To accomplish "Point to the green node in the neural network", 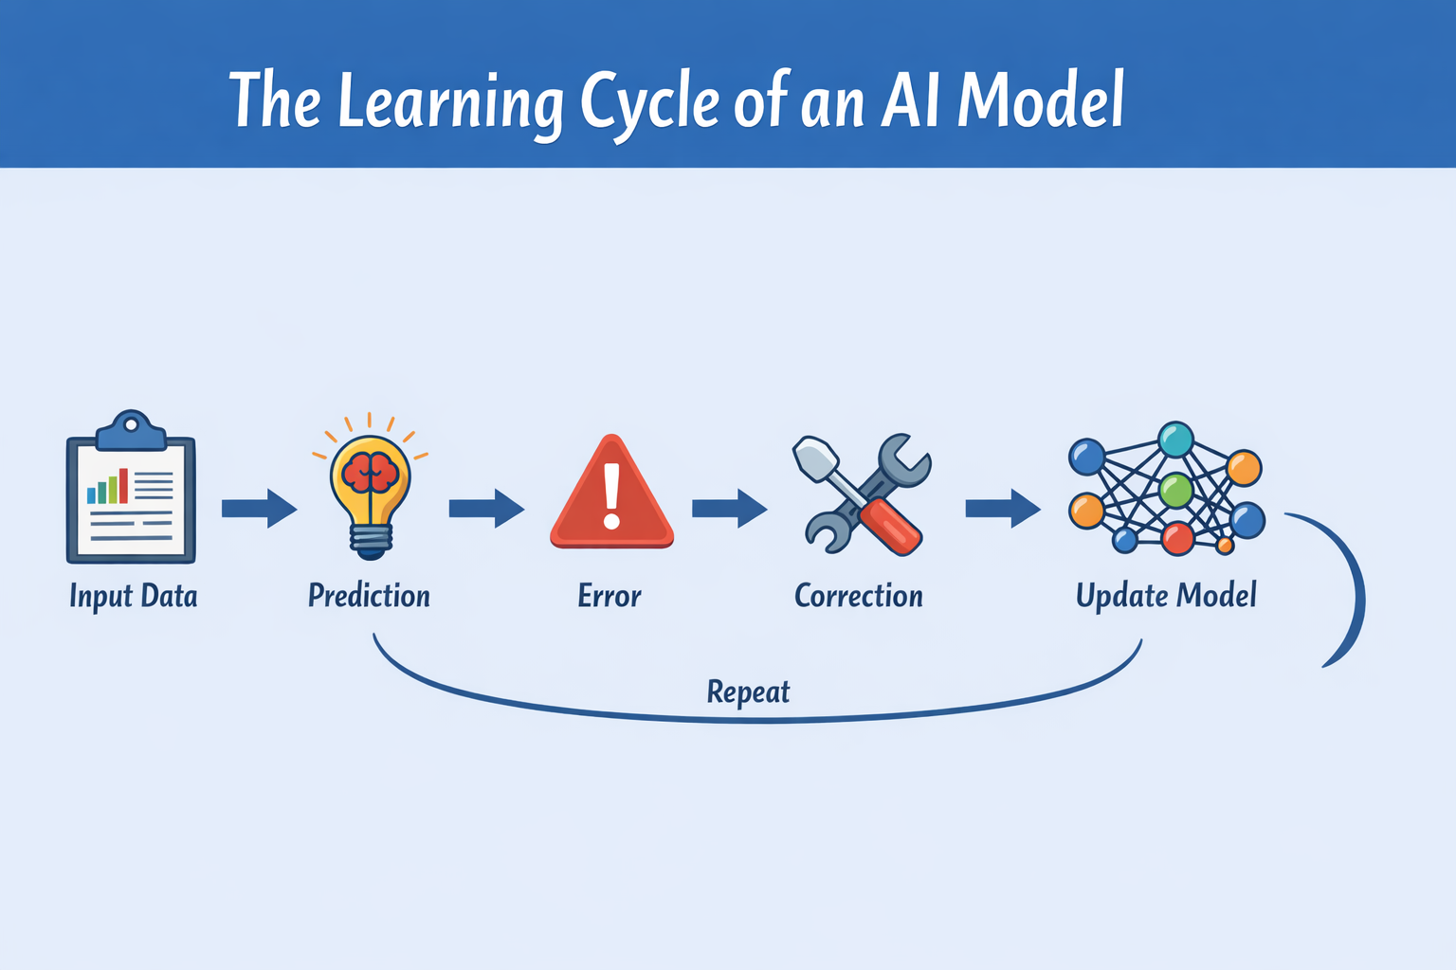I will point(1175,491).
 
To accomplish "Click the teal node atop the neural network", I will point(1175,440).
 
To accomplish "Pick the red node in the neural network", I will point(1177,538).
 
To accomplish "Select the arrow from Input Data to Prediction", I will point(259,509).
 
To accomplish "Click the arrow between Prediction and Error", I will point(486,509).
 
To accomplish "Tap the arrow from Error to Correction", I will point(729,509).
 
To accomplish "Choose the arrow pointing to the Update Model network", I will point(1002,509).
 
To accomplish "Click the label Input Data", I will point(134,597).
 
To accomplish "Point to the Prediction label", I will point(369,596).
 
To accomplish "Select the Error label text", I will point(610,596).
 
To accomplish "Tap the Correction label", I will point(858,596).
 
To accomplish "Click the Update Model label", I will point(1166,596).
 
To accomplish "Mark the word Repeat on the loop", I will point(748,692).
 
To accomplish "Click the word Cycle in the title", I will point(648,102).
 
